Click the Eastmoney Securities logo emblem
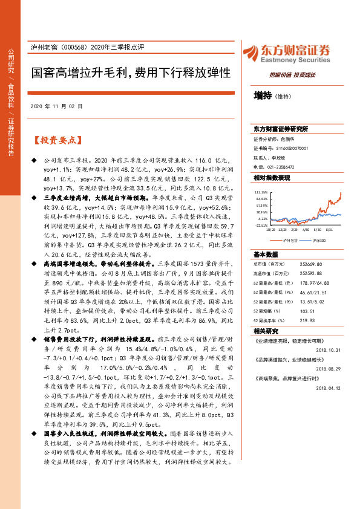tap(249, 51)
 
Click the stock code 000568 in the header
tap(73, 47)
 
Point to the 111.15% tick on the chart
tap(261, 190)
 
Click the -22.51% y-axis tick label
tap(261, 225)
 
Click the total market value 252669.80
tap(312, 264)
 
